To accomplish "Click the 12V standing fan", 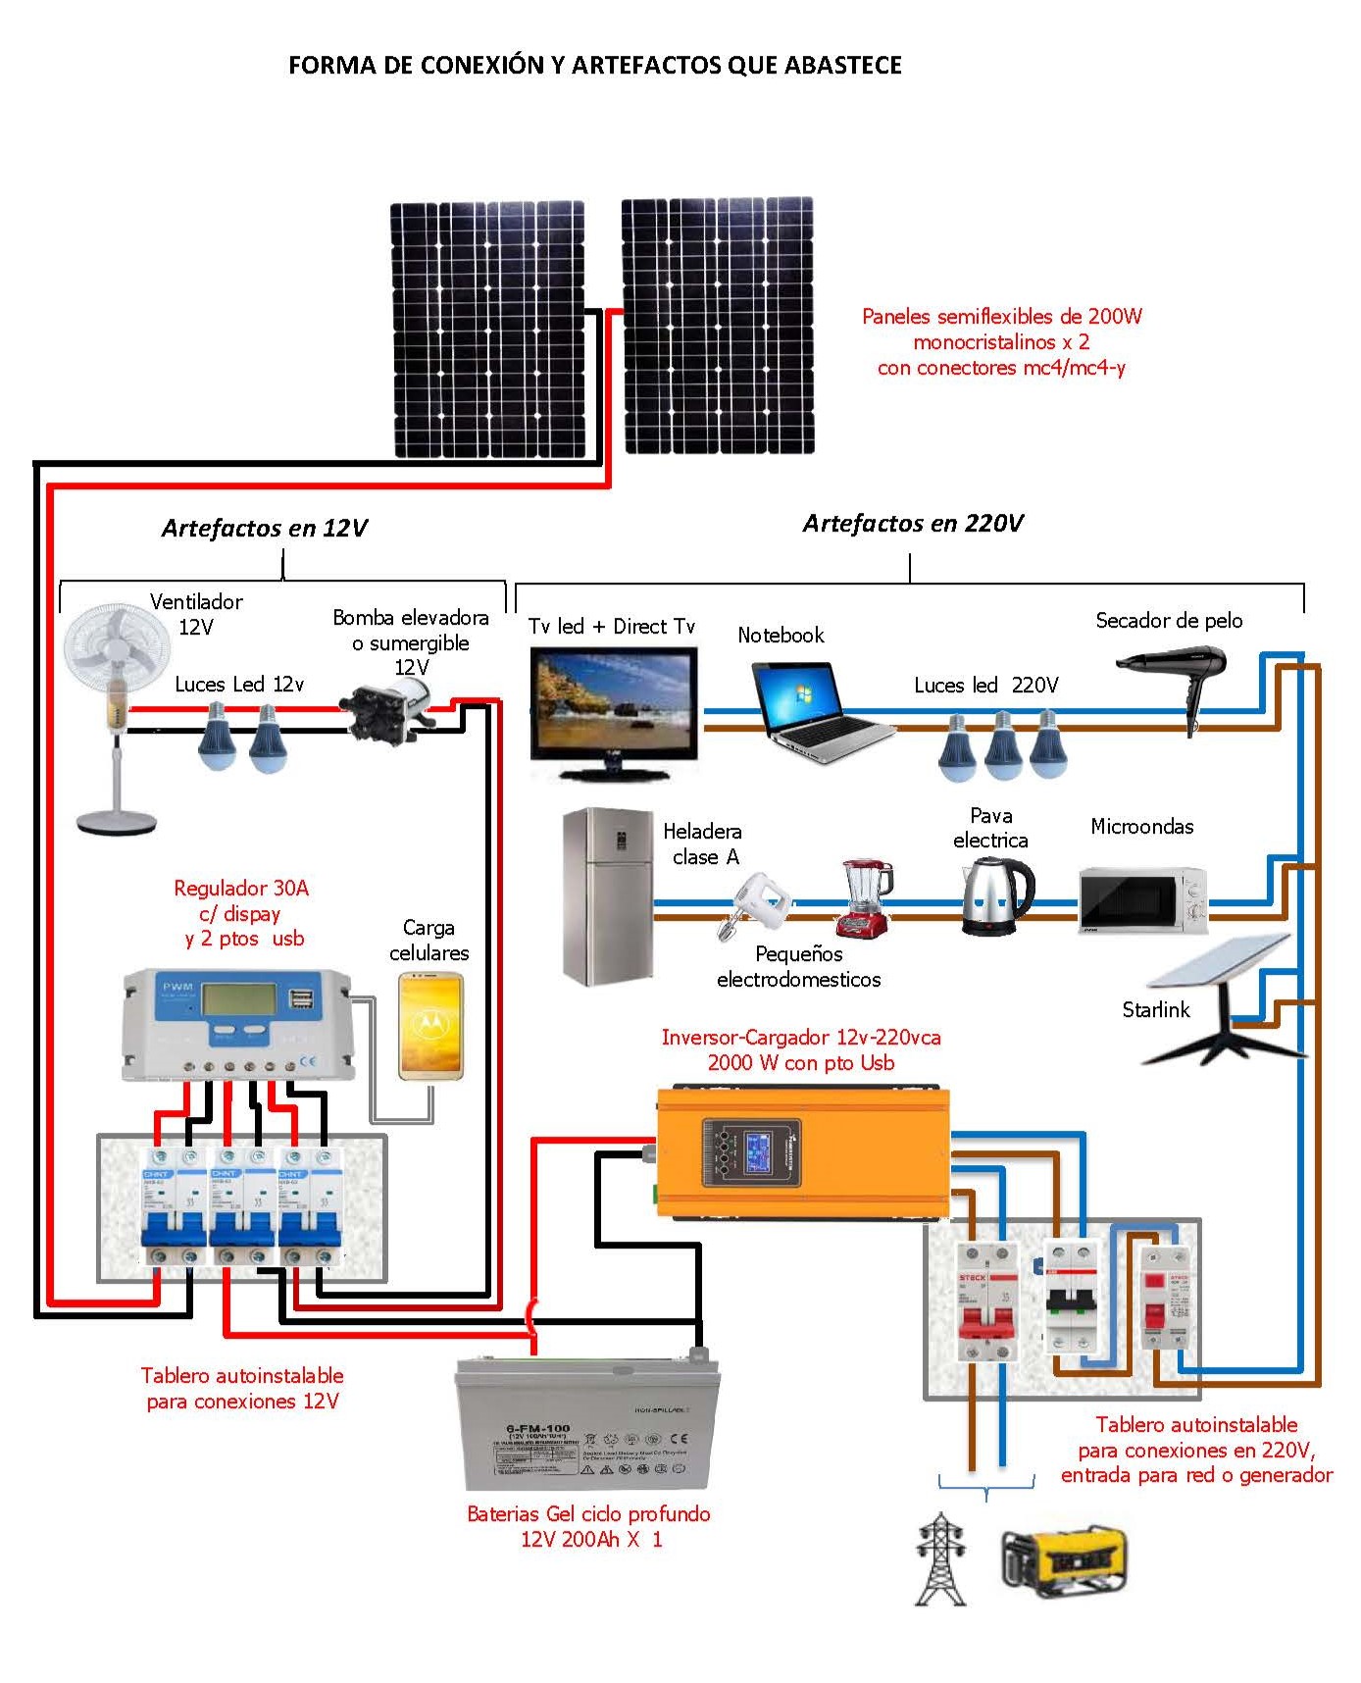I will pyautogui.click(x=111, y=687).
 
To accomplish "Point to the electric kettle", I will pyautogui.click(x=995, y=895).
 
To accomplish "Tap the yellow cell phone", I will pyautogui.click(x=429, y=1026).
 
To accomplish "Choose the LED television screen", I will pyautogui.click(x=614, y=707).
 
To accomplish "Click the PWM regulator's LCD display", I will pyautogui.click(x=238, y=999).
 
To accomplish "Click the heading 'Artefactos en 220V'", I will pyautogui.click(x=912, y=524).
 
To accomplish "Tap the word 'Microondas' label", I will pyautogui.click(x=1141, y=827).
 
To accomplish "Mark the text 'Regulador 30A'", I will pyautogui.click(x=241, y=889).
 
